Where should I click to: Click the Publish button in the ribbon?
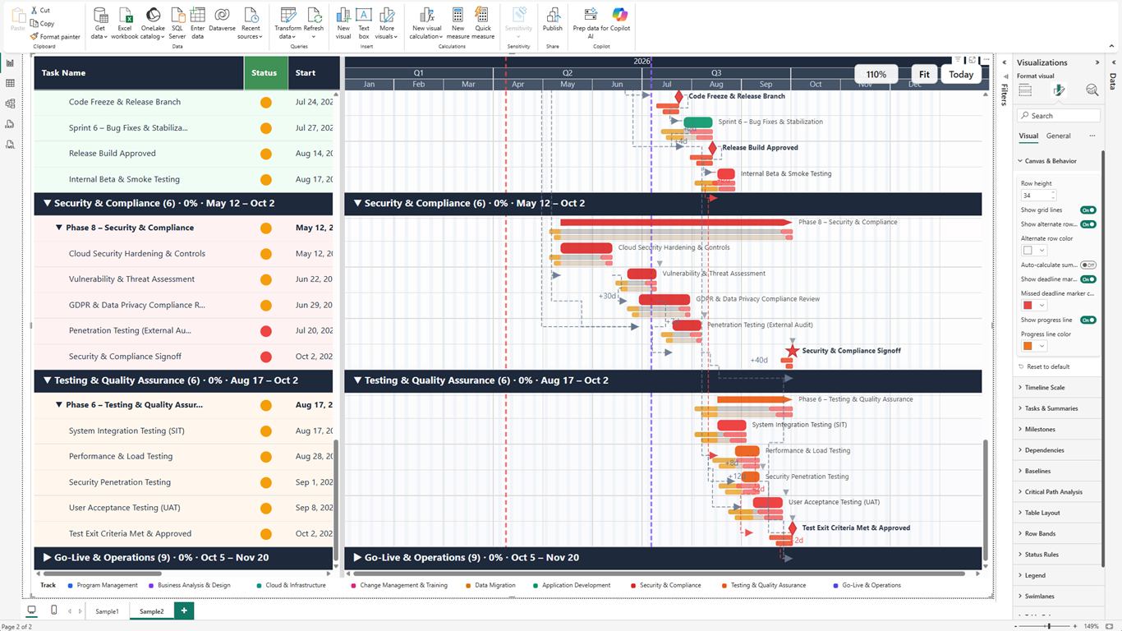click(553, 21)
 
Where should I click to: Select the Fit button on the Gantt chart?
click(924, 74)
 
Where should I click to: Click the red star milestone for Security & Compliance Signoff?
click(792, 351)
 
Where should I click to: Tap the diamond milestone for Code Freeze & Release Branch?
click(678, 97)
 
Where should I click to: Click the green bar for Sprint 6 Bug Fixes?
click(698, 122)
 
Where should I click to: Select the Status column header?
click(264, 73)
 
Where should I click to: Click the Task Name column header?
click(64, 73)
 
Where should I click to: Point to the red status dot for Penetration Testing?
click(265, 331)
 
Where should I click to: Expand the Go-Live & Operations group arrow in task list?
click(47, 558)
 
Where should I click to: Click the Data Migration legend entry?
click(495, 586)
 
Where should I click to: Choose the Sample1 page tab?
click(107, 611)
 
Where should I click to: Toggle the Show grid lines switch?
click(1088, 210)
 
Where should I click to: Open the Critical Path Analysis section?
click(1054, 492)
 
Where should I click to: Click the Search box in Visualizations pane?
click(1060, 116)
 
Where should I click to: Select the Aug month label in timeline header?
click(715, 85)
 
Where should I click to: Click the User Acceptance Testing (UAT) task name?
click(124, 508)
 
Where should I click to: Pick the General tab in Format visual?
click(1058, 136)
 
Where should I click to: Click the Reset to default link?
click(1048, 366)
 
